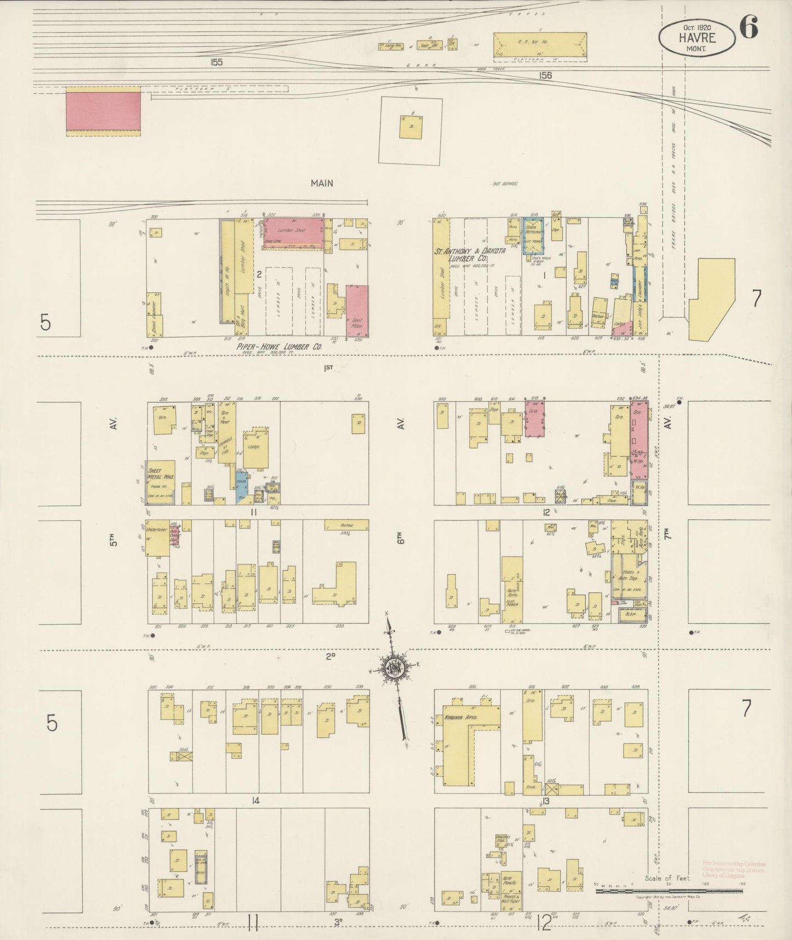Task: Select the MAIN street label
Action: (322, 183)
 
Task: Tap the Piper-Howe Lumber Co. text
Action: (278, 347)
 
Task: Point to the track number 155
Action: (216, 63)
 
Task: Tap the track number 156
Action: (545, 76)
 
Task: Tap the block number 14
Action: (255, 801)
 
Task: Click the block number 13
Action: (546, 801)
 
